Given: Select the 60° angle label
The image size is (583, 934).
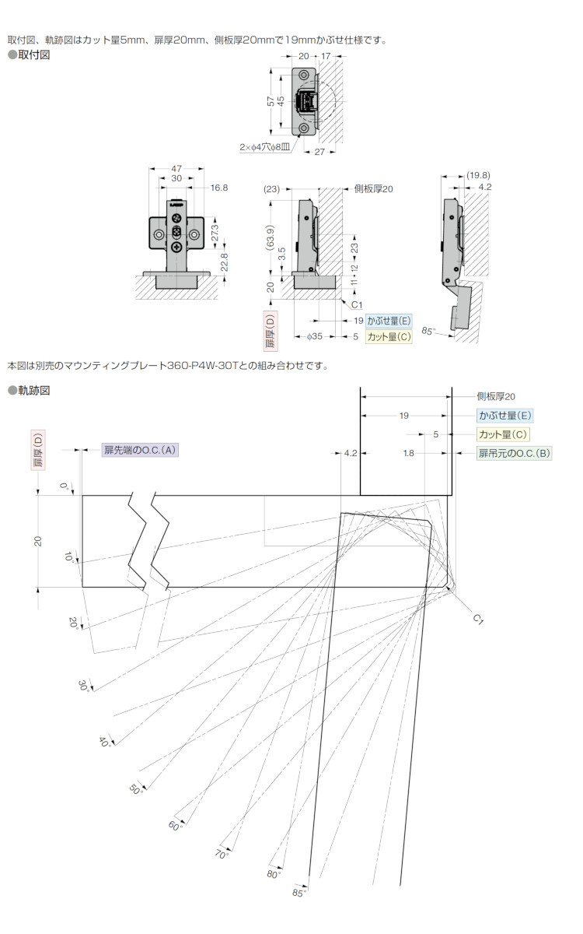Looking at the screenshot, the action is pos(175,826).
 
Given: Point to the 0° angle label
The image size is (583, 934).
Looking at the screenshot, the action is pos(64,486).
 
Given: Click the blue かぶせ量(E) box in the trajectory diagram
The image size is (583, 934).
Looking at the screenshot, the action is pos(504,416).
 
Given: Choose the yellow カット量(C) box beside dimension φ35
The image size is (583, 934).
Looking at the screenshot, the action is pos(389,336).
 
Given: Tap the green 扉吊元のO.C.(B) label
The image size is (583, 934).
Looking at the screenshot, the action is pos(515,453).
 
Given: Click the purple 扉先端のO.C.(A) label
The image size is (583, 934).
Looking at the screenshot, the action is pos(140,450).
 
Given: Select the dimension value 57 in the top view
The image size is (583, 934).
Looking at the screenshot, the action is pos(271,101).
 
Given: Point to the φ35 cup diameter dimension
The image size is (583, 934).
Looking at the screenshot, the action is pos(314,336).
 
